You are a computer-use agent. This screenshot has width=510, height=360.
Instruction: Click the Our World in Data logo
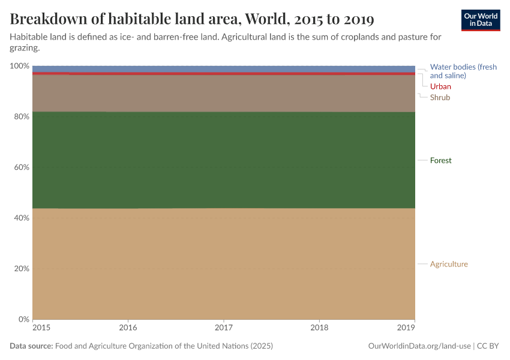480,20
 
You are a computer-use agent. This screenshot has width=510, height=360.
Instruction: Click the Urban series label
440,86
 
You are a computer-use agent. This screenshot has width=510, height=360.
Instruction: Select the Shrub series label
440,97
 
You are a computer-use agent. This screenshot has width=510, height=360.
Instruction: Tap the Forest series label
440,160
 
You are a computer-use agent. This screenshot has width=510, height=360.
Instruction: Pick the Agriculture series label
449,264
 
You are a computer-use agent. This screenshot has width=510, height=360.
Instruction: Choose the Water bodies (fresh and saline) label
463,71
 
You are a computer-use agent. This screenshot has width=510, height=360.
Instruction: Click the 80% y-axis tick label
21,116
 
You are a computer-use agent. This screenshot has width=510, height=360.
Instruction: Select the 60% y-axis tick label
21,167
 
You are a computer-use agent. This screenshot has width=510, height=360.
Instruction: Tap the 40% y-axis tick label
21,218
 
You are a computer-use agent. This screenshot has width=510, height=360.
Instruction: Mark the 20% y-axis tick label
21,268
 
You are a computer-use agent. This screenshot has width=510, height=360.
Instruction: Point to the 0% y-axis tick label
23,319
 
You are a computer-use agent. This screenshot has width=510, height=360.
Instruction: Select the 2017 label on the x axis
223,328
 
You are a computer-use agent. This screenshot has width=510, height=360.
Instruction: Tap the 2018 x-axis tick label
319,328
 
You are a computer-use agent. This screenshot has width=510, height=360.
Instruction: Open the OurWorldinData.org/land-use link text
419,346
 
